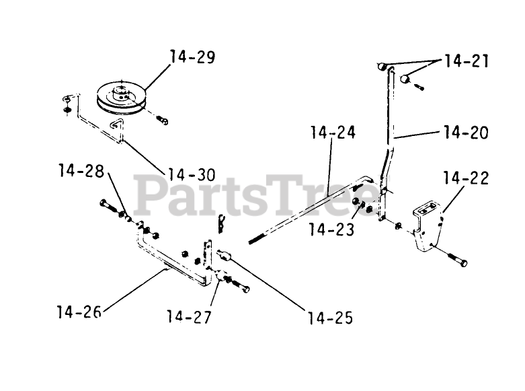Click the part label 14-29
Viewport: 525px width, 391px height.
192,57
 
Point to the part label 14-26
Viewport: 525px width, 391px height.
79,312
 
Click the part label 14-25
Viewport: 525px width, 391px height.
330,316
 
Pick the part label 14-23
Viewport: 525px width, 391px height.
331,229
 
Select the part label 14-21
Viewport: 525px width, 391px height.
466,62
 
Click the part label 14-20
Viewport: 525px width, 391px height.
466,132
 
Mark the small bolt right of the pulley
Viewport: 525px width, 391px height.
162,120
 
